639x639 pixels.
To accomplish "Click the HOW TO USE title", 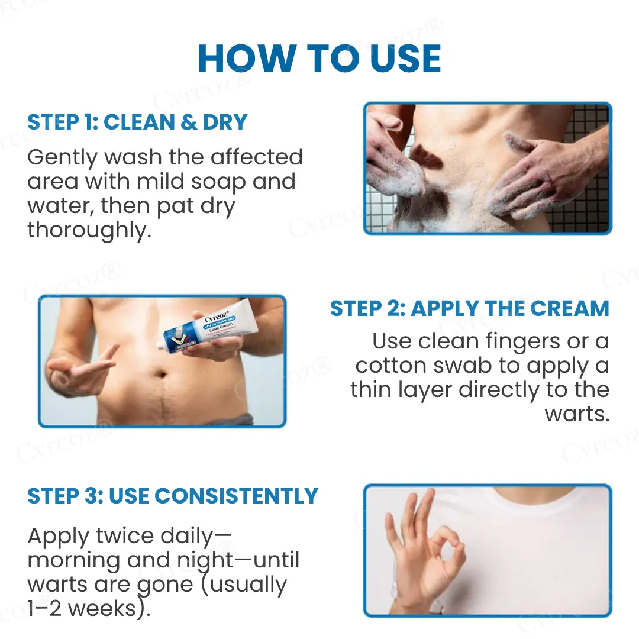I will point(319,58).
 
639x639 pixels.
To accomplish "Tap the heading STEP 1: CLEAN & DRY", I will point(137,122).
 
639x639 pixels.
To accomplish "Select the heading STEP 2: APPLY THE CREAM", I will point(469,308).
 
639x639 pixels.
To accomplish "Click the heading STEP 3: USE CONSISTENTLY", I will point(173,496).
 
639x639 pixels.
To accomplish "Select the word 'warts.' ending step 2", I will point(577,414).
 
